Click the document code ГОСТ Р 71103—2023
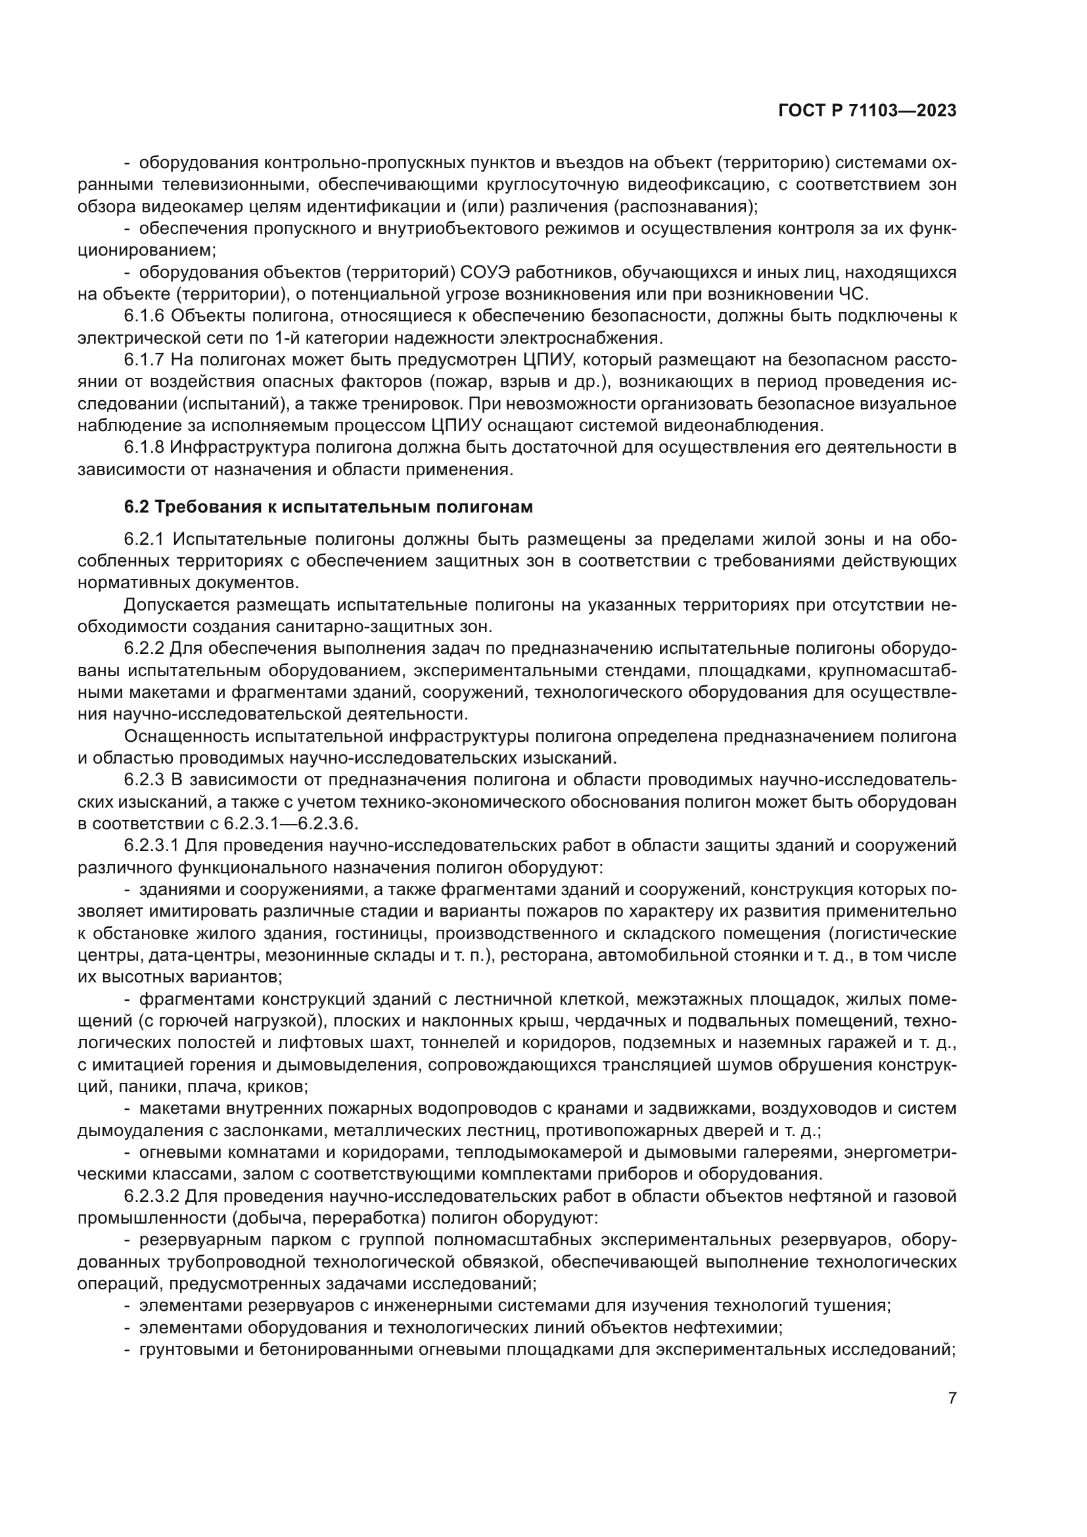[867, 112]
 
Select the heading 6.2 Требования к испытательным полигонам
[329, 507]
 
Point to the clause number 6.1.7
[144, 360]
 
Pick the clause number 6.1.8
[144, 448]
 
